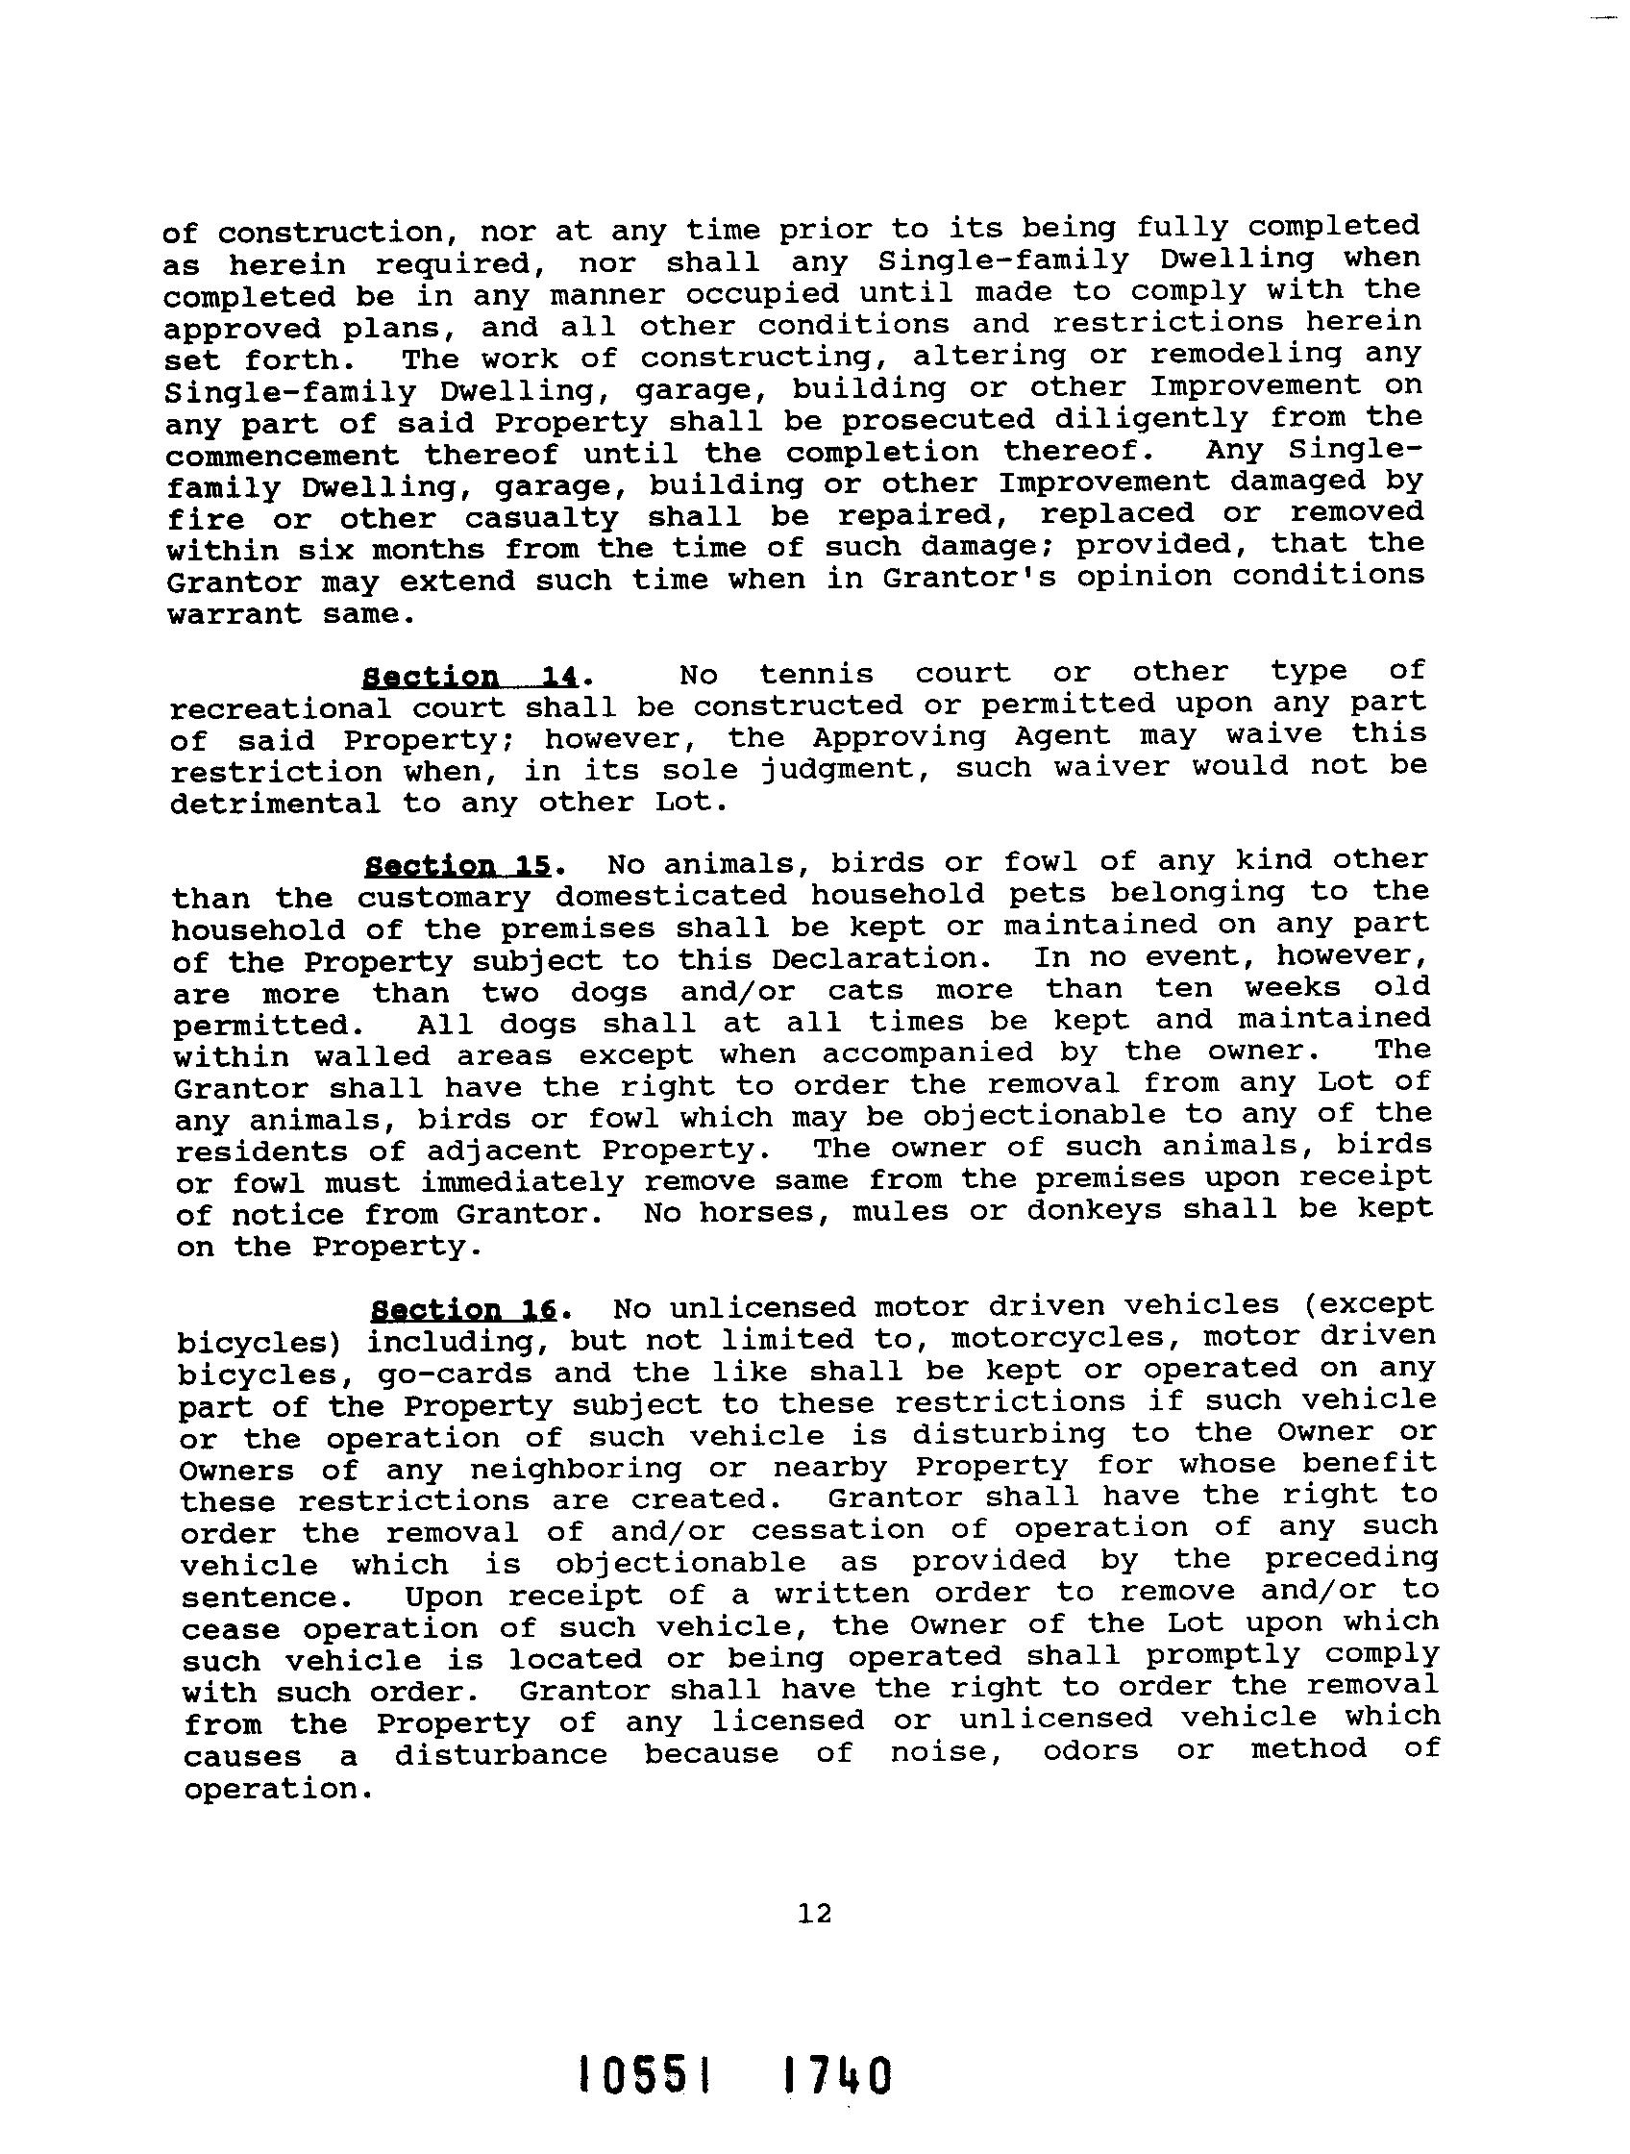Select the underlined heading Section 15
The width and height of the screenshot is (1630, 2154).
tap(457, 866)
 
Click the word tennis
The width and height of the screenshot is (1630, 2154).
tap(816, 674)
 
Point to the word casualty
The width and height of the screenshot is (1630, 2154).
tap(541, 517)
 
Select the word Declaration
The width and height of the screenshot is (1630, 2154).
tap(876, 959)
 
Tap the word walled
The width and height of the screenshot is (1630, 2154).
tap(372, 1055)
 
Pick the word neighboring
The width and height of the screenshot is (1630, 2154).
tap(576, 1469)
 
